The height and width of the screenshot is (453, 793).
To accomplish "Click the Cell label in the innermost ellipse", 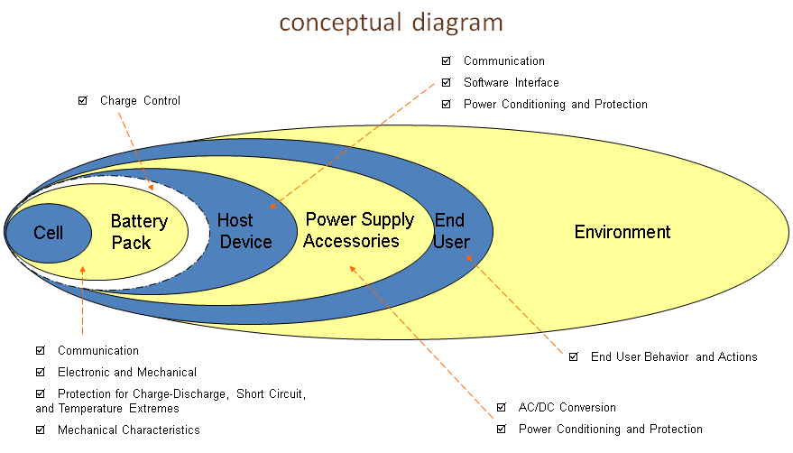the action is (48, 233).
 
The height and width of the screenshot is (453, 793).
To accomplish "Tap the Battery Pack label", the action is (139, 232).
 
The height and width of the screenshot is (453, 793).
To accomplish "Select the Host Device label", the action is (244, 231).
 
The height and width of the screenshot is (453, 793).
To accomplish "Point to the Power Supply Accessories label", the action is (358, 230).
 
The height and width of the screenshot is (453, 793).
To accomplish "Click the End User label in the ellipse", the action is (452, 231).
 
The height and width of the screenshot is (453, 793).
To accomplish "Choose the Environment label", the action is (622, 232).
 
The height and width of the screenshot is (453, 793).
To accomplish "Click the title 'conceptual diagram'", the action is (391, 23).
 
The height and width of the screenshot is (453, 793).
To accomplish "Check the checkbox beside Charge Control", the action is (82, 101).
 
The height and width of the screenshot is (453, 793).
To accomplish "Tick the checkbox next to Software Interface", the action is (446, 82).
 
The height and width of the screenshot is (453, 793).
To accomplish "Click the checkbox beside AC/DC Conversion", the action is (502, 407).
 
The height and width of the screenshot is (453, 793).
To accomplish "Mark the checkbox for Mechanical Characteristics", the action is (41, 430).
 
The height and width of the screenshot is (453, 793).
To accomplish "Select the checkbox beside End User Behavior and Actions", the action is (574, 356).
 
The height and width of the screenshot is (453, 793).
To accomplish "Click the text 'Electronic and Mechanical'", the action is (127, 373).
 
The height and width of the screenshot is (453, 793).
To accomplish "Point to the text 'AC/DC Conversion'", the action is (567, 408).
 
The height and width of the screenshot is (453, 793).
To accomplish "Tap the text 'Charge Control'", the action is (140, 101).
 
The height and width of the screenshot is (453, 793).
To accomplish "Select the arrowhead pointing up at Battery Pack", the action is (82, 270).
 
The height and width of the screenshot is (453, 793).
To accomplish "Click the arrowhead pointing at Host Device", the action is (272, 206).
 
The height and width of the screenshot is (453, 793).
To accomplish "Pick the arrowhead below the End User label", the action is (469, 258).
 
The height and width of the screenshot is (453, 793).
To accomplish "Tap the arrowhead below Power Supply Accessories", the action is (353, 269).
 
